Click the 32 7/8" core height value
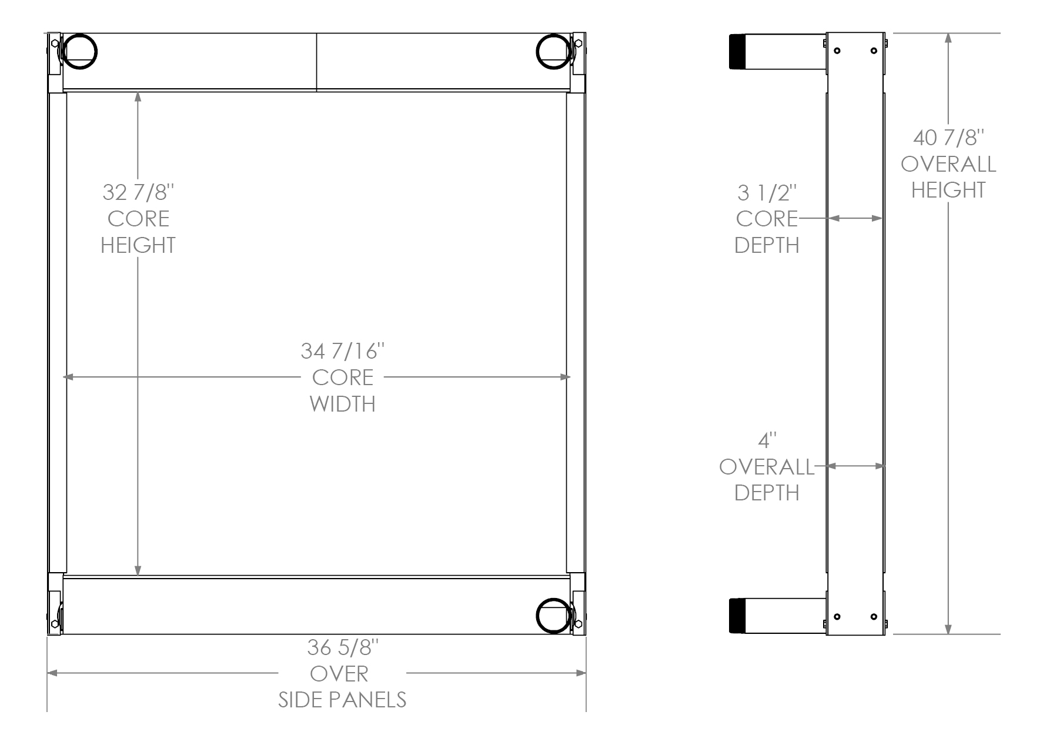138,192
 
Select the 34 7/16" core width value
342,351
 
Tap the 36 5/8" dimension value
342,647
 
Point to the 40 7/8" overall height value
948,138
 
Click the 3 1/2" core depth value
767,192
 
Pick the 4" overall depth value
767,440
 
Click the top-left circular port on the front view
79,51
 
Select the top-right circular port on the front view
553,51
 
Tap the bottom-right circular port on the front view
553,616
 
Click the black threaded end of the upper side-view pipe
737,52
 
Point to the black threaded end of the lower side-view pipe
737,616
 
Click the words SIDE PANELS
342,700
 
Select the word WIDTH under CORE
342,404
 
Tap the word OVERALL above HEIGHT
948,164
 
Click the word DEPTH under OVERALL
767,492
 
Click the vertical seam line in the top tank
316,62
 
